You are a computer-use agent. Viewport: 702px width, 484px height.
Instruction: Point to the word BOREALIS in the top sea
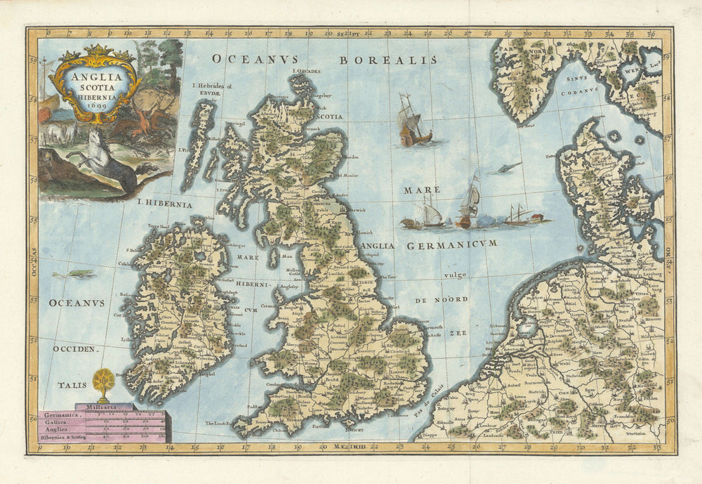(x=388, y=60)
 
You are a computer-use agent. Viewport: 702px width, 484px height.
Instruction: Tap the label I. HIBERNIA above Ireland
(x=164, y=204)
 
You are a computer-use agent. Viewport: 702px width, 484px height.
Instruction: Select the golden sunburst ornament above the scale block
(x=103, y=382)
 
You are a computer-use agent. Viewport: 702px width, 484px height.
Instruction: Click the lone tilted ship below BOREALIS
(x=413, y=122)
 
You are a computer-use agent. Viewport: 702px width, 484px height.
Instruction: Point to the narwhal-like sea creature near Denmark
(x=508, y=167)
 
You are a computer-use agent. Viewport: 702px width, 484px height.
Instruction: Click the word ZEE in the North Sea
(x=458, y=334)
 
